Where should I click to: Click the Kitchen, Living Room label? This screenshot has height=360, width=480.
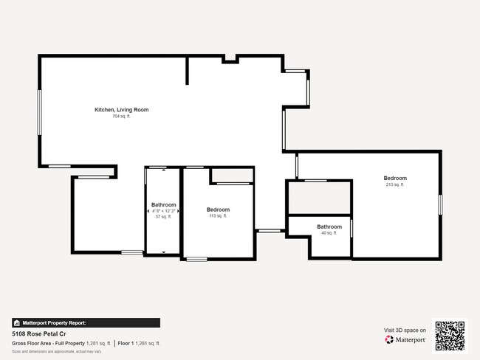coord(121,110)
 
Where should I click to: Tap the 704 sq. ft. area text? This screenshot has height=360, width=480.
coord(121,117)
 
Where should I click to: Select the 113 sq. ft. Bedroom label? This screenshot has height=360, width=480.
coord(218,210)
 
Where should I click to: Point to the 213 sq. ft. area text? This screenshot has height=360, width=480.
coord(395,184)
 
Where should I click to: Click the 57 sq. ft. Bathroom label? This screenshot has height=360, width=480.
coord(163,204)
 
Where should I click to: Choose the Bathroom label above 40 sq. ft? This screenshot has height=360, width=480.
coord(329,226)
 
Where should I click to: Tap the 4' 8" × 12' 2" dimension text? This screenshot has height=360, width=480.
coord(163,211)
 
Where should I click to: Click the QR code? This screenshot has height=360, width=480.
coord(450,336)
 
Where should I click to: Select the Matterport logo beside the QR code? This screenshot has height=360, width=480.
coord(405,340)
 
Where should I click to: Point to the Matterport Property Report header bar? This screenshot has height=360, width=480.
coord(86,322)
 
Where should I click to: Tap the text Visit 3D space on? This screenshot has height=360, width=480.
coord(405,330)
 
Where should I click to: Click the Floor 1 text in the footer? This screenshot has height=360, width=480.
coord(126,343)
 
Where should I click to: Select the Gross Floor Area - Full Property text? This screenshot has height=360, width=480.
coord(49,343)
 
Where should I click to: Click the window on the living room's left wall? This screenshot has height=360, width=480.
coord(40,112)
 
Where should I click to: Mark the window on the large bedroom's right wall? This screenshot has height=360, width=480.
coord(440,204)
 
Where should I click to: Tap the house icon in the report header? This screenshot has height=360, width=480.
coord(17,322)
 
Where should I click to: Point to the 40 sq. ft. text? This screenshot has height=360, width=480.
coord(329,233)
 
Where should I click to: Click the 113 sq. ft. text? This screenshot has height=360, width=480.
coord(218,216)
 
